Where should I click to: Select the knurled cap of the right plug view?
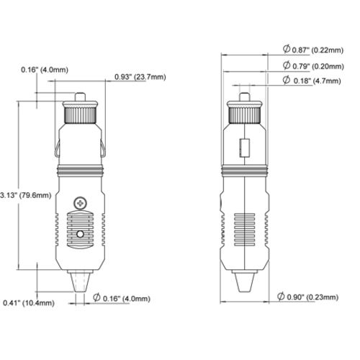[246, 114]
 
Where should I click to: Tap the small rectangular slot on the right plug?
[246, 148]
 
